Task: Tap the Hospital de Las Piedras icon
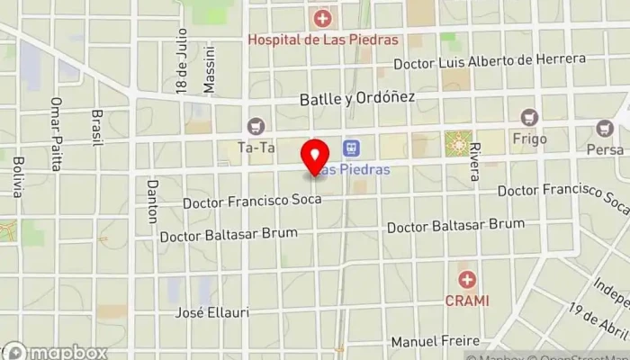[321, 17]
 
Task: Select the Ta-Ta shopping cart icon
[258, 125]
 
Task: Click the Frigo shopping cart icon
[528, 116]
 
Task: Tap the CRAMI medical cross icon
[466, 279]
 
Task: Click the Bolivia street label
[18, 176]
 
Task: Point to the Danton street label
[151, 200]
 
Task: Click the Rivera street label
[475, 162]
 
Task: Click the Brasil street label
[97, 128]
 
